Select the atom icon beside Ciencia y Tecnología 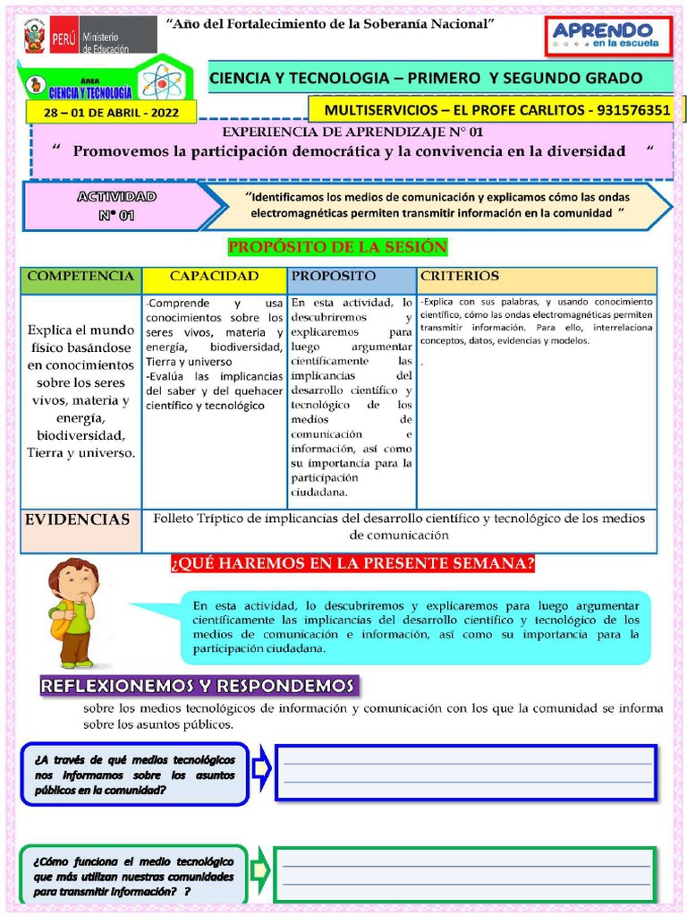(x=161, y=83)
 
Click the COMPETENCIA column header (x=81, y=277)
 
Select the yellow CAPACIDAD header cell (x=215, y=277)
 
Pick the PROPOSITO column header (x=334, y=277)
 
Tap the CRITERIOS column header (x=460, y=277)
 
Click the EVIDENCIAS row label (x=78, y=519)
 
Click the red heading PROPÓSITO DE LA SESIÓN (x=337, y=247)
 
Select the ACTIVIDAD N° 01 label (x=116, y=205)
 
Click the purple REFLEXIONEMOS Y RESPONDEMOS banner (x=198, y=686)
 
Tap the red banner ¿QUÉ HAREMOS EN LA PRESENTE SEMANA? (x=352, y=563)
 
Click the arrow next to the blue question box (x=261, y=769)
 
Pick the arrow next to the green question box (x=260, y=870)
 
